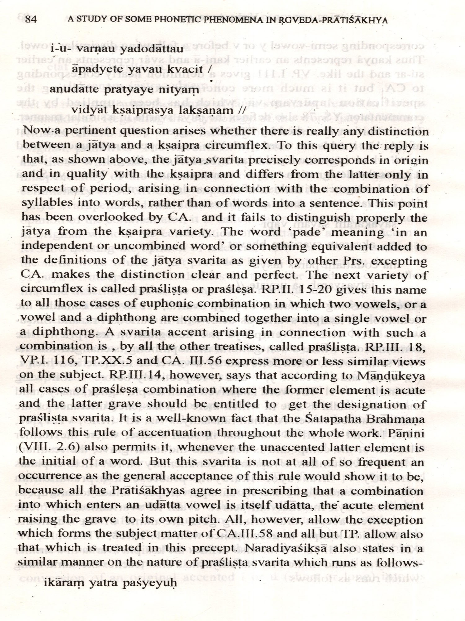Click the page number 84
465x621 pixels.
[x=31, y=20]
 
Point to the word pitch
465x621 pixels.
[x=201, y=519]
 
